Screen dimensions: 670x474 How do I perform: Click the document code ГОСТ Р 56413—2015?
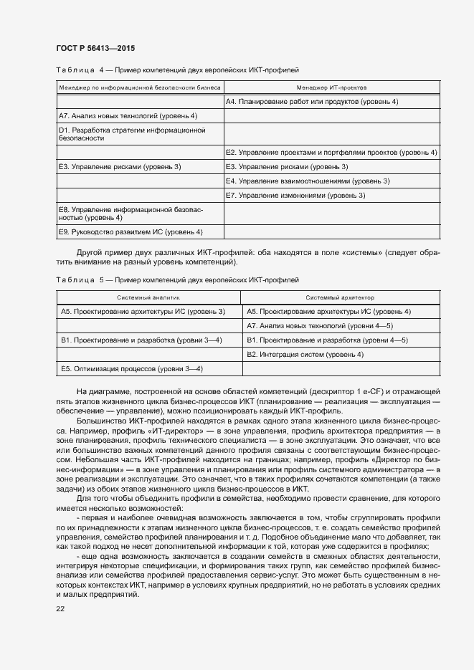tap(95, 48)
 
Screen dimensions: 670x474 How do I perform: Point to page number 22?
tap(60, 608)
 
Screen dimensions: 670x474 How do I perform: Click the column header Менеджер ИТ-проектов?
tap(331, 87)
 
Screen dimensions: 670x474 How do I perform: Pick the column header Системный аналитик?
tap(148, 297)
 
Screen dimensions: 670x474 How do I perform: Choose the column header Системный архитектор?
tap(340, 297)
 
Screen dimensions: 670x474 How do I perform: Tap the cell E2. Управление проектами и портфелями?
tap(331, 152)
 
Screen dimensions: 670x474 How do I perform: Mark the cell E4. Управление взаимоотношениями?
tap(308, 181)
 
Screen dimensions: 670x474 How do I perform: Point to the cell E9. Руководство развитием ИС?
tap(131, 231)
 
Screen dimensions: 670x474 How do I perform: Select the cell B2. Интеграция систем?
tap(305, 354)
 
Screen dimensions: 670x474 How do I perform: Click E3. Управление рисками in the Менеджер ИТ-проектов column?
tap(287, 166)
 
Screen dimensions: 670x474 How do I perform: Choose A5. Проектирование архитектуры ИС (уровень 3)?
tap(143, 311)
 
